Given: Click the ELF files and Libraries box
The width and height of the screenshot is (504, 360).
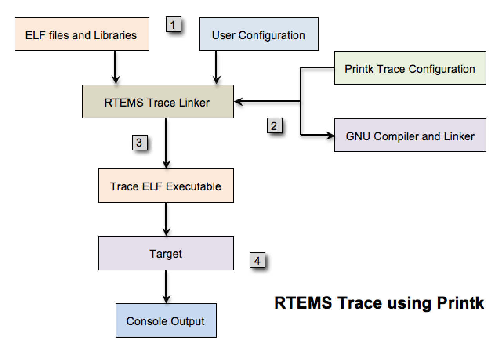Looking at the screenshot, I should click(82, 34).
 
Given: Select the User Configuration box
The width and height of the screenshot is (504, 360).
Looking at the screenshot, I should click(259, 34).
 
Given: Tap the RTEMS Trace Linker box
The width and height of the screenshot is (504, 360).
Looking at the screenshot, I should click(158, 101).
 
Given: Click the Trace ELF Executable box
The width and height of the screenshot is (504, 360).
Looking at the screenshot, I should click(166, 186).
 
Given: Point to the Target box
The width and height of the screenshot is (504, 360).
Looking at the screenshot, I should click(166, 253).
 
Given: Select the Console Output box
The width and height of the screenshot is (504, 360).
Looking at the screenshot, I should click(166, 320).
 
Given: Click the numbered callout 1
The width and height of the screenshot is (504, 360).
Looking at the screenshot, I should click(174, 25).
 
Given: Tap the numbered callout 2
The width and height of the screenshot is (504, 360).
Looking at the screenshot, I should click(274, 126).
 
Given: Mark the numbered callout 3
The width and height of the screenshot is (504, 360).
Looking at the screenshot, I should click(139, 142).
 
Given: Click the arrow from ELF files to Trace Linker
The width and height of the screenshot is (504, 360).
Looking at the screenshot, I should click(115, 67).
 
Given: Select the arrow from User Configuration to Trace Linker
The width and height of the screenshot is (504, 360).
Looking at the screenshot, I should click(216, 67).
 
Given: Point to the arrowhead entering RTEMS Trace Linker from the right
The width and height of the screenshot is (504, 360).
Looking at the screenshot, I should click(239, 102).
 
